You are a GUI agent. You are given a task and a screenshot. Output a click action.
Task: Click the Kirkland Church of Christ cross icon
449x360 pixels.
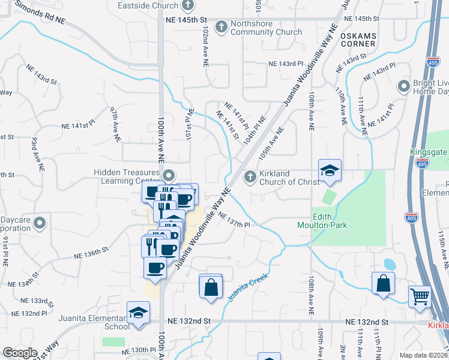point(251,176)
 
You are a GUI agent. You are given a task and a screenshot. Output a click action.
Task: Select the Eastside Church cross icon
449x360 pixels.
point(188,6)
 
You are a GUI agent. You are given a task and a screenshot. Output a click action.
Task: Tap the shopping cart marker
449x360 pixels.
point(420,296)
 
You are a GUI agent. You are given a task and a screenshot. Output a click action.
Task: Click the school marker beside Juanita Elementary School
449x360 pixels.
point(138,313)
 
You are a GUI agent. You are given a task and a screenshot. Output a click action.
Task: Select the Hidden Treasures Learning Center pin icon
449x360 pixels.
point(169,176)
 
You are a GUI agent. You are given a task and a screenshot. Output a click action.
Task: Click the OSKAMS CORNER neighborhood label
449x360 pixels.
point(358,40)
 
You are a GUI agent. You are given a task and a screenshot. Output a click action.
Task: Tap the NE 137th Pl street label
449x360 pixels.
point(233,220)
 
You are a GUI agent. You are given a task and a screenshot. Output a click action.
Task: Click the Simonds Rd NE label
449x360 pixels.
point(40,13)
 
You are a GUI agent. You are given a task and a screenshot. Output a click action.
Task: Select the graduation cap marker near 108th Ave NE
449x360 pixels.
point(329,172)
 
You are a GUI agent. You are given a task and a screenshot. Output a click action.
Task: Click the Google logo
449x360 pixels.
point(20,353)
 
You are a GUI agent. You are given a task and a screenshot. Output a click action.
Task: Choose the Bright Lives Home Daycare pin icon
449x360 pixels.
point(403,86)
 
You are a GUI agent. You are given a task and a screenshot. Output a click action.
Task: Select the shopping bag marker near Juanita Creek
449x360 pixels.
point(211,286)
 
